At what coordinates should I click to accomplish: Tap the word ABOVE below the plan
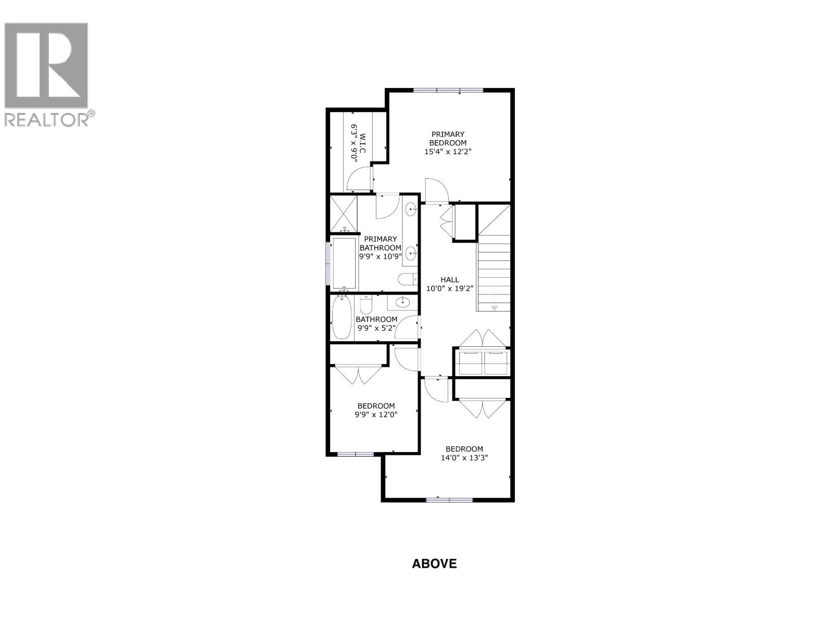point(434,564)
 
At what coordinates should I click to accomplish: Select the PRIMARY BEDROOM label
point(448,139)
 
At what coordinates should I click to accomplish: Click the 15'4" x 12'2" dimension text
point(448,152)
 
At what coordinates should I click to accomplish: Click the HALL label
point(450,280)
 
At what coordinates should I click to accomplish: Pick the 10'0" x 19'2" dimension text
point(450,289)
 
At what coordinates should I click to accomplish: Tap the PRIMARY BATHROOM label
point(381,244)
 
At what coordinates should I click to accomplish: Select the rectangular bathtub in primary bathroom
point(344,263)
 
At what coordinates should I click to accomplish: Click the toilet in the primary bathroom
point(408,280)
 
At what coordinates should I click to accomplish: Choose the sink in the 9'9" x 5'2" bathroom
point(402,302)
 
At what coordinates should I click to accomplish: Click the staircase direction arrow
point(494,308)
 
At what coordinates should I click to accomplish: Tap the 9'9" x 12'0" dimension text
point(376,415)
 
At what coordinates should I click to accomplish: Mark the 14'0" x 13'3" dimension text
point(464,458)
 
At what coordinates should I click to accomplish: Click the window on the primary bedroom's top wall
point(448,90)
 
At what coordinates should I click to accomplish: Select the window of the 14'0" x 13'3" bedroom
point(449,500)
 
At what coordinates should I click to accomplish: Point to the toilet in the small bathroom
point(367,304)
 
